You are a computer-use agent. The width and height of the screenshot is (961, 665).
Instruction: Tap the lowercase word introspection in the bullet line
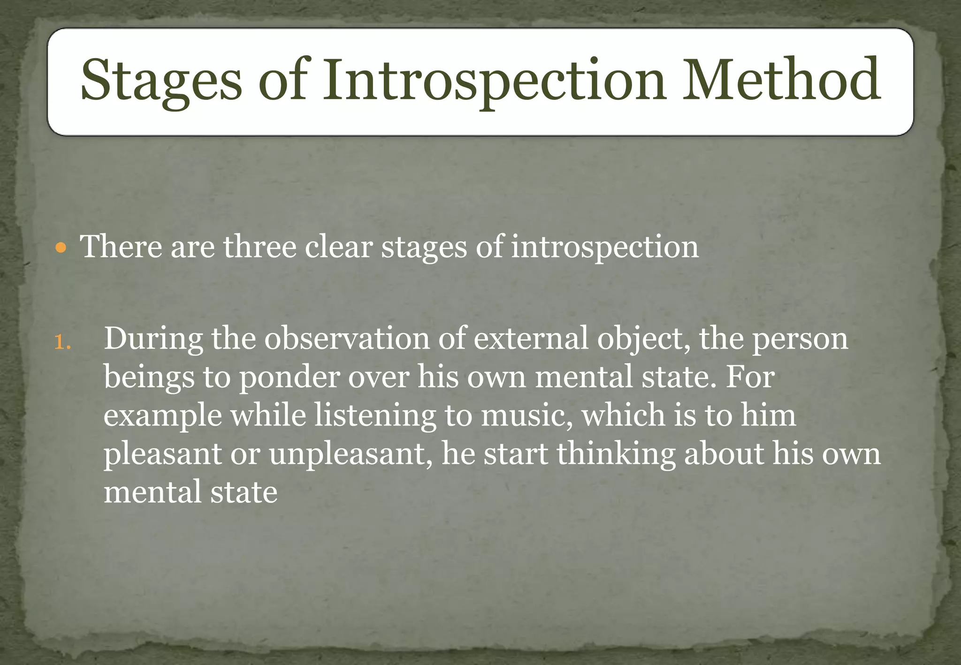604,247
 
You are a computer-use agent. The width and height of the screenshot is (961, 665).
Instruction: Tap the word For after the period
749,377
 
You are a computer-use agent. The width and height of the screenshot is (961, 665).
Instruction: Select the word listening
375,416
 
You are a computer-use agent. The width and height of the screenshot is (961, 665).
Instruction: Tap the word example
162,416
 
